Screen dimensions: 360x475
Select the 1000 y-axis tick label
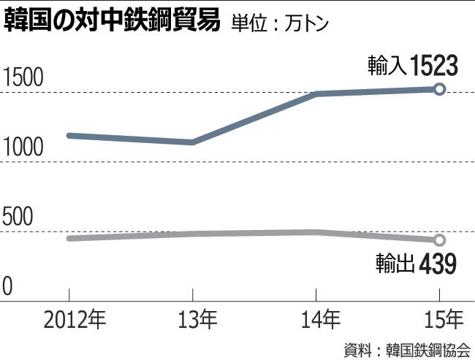coord(24,149)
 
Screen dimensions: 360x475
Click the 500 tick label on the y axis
coord(19,218)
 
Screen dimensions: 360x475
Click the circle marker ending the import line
coord(439,88)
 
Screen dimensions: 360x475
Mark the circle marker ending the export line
coord(439,240)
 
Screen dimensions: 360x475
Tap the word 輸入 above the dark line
coord(387,68)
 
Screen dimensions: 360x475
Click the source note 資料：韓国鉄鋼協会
coord(407,348)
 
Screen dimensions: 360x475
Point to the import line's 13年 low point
coord(192,142)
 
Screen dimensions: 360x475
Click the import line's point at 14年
coord(316,93)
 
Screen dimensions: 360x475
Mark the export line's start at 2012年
coord(69,238)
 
